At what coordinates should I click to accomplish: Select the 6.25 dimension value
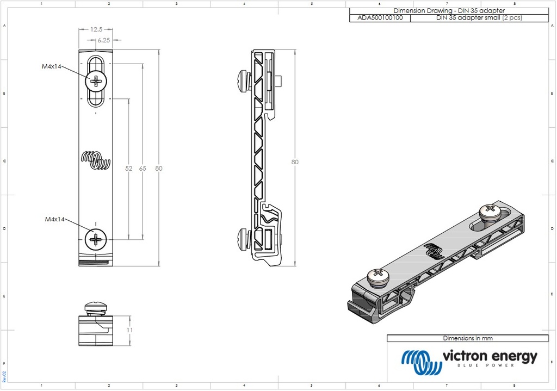[x=104, y=40]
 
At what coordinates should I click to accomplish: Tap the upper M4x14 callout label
[x=52, y=66]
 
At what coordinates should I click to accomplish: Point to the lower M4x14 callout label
[x=54, y=219]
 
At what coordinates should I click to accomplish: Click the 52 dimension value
[x=129, y=169]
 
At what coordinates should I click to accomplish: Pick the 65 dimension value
[x=143, y=169]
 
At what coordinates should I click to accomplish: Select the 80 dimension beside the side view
[x=295, y=162]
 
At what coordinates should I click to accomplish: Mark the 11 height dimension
[x=129, y=330]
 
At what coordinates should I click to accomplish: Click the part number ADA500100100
[x=380, y=18]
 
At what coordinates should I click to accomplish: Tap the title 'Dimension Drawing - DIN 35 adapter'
[x=448, y=11]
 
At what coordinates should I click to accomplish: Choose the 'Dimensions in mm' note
[x=468, y=338]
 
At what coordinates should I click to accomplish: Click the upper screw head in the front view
[x=96, y=82]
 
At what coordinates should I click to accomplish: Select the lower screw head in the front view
[x=96, y=239]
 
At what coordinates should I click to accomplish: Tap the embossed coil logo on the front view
[x=96, y=160]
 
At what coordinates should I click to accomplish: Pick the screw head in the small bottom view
[x=97, y=307]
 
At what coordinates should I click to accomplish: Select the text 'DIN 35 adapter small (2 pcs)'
[x=479, y=18]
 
